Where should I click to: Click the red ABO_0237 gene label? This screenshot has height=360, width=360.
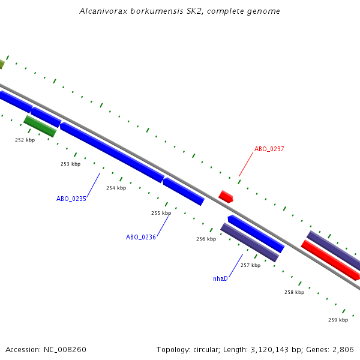click(269, 149)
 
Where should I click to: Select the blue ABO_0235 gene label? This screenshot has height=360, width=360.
click(71, 199)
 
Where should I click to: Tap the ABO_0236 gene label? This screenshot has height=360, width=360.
click(141, 237)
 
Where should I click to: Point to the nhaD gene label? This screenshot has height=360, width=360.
click(220, 278)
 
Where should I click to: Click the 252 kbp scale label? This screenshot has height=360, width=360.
click(25, 140)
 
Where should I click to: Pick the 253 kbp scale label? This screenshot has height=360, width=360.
click(70, 164)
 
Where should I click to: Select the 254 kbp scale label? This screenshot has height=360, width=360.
click(116, 188)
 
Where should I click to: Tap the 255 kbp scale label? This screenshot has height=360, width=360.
click(161, 213)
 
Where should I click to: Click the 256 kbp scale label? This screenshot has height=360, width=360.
click(206, 239)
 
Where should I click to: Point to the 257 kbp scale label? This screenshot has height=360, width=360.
click(250, 265)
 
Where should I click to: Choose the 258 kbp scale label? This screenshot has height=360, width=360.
click(294, 292)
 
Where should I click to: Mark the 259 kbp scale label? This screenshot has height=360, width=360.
click(338, 320)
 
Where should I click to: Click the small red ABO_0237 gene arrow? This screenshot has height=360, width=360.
click(226, 196)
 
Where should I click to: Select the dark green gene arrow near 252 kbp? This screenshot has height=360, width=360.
click(40, 126)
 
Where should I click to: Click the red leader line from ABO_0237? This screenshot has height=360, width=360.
click(247, 164)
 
